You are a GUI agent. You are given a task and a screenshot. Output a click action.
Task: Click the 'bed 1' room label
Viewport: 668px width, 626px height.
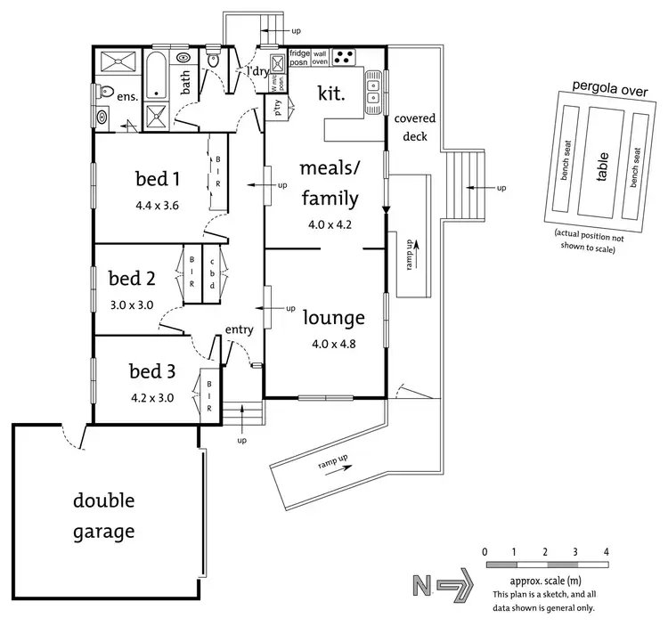157,179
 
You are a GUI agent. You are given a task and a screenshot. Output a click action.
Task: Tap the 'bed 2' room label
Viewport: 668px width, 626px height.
132,279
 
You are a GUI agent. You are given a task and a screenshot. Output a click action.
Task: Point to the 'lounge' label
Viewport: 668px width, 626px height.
334,318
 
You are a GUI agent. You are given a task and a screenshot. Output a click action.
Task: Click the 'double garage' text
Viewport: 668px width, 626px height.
103,516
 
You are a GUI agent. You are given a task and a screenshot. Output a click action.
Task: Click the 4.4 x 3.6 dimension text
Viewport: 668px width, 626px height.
158,206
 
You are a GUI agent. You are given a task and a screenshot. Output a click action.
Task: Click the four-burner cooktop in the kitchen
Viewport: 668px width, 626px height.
343,56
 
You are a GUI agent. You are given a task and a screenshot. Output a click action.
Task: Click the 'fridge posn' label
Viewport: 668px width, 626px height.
299,57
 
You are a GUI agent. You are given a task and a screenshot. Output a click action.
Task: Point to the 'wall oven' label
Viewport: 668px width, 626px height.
320,57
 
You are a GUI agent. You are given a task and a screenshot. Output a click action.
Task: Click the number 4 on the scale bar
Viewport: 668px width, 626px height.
607,552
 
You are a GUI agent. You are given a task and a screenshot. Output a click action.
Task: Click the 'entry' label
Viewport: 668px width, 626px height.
240,330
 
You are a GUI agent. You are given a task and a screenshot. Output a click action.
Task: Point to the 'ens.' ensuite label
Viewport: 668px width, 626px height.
127,96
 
